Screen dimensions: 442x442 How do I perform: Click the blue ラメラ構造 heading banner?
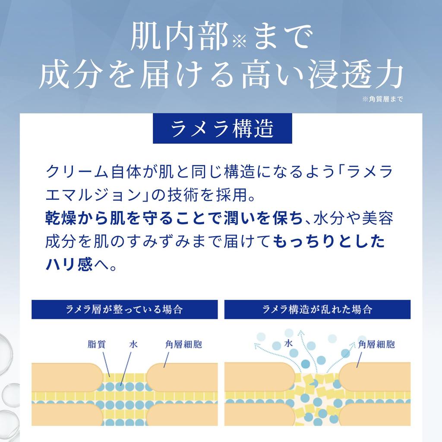pos(222,129)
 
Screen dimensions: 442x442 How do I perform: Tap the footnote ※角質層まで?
pos(382,99)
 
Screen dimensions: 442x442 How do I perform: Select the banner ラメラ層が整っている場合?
pos(125,309)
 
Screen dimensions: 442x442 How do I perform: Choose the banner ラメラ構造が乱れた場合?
pos(317,309)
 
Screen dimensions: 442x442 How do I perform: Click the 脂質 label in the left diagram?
pos(97,344)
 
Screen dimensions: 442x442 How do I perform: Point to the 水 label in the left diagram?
pos(133,344)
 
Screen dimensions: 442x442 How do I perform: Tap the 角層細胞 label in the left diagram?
pos(183,344)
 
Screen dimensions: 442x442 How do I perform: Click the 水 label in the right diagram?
pos(288,343)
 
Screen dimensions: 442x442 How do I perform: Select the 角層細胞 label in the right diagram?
pos(376,344)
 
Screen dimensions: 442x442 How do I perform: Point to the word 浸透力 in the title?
pos(356,75)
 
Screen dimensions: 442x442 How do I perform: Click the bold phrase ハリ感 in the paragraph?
pos(69,265)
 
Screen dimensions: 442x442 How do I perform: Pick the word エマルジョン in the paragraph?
pos(94,195)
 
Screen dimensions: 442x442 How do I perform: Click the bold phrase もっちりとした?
pos(329,242)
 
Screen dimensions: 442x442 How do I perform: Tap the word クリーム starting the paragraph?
pos(77,172)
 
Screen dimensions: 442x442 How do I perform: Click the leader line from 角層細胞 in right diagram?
pos(359,360)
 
